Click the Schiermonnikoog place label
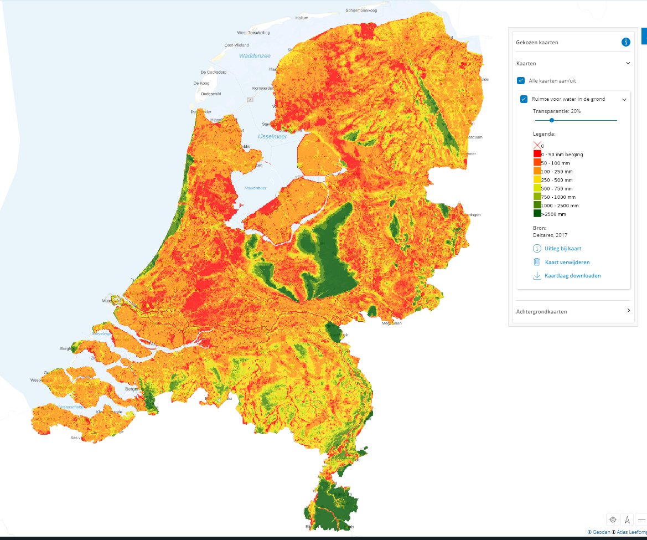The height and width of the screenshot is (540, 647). pyautogui.click(x=362, y=10)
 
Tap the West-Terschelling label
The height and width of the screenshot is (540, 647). pyautogui.click(x=253, y=33)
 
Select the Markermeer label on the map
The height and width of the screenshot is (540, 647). pyautogui.click(x=255, y=188)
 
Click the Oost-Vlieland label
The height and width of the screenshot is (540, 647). pyautogui.click(x=236, y=45)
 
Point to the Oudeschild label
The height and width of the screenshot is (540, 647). pyautogui.click(x=211, y=94)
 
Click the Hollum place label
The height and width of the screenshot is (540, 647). pyautogui.click(x=302, y=18)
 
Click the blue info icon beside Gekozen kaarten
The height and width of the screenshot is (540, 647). pyautogui.click(x=625, y=42)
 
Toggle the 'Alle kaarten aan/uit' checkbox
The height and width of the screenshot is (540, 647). pyautogui.click(x=521, y=80)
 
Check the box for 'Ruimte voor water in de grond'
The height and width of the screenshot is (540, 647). pyautogui.click(x=524, y=99)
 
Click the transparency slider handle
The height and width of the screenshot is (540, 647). pyautogui.click(x=552, y=120)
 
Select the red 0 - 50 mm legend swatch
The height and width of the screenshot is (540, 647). pyautogui.click(x=537, y=154)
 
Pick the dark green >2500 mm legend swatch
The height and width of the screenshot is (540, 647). pyautogui.click(x=537, y=214)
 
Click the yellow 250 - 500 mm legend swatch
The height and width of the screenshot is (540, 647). pyautogui.click(x=537, y=180)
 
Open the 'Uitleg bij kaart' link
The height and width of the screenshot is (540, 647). pyautogui.click(x=563, y=249)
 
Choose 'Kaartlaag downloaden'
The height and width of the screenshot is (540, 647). pyautogui.click(x=572, y=275)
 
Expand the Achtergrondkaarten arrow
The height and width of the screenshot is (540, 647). pyautogui.click(x=628, y=311)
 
